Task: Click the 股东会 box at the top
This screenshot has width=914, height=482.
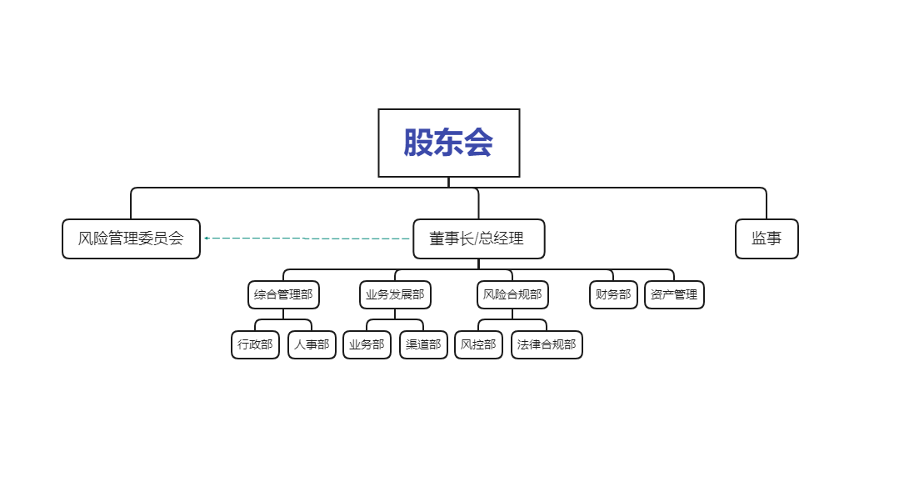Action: point(448,143)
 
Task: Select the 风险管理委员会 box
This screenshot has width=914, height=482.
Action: point(131,238)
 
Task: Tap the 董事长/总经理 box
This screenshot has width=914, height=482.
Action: point(478,238)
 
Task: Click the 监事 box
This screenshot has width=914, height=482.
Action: point(767,238)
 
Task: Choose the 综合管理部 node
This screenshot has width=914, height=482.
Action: point(283,294)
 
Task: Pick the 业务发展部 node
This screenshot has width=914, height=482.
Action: point(395,294)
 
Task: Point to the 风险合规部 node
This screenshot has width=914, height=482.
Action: point(512,294)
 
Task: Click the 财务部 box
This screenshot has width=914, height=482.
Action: point(613,294)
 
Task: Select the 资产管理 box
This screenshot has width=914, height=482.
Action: point(674,294)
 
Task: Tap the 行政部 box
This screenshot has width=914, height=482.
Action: point(255,344)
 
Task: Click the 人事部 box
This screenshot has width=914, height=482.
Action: point(312,344)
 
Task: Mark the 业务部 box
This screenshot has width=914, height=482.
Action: point(367,344)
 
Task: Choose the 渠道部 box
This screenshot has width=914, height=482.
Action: point(423,344)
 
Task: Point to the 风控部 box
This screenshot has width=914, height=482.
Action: point(478,344)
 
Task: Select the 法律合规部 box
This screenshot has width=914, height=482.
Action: point(547,344)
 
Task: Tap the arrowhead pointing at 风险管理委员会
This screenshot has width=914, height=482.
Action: point(206,238)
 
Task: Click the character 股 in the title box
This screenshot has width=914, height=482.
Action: point(418,143)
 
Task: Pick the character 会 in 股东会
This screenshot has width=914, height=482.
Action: point(479,143)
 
